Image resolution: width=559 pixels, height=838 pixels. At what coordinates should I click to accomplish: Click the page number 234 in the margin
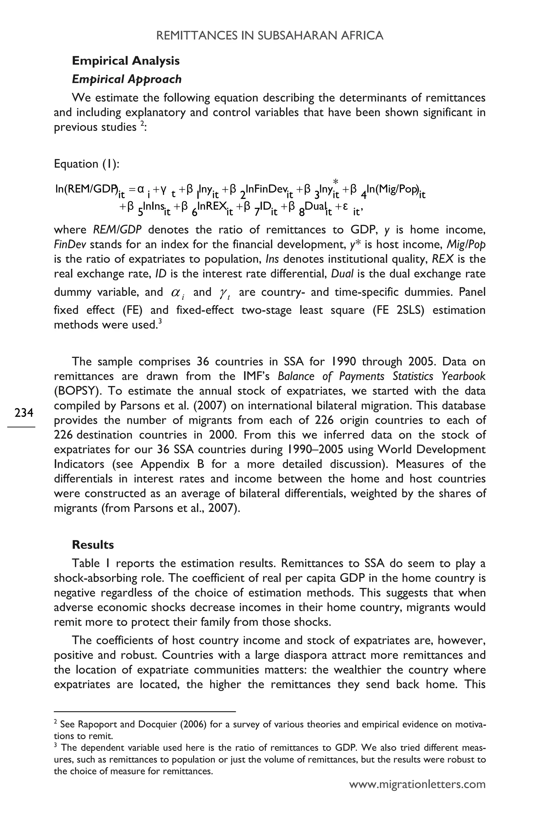pos(24,412)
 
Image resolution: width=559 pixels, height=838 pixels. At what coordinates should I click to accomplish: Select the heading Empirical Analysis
pos(126,61)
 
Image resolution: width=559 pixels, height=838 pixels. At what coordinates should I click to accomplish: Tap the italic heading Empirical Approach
pos(127,79)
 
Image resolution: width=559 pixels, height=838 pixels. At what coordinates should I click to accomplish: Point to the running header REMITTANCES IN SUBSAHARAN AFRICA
pos(269,36)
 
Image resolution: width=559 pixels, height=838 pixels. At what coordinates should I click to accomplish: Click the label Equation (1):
pos(87,164)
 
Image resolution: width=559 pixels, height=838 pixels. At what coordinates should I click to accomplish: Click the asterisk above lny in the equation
pos(335,182)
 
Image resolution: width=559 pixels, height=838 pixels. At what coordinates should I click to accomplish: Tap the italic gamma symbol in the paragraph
pos(225,293)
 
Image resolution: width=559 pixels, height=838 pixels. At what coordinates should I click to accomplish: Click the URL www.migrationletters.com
pos(417,784)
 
